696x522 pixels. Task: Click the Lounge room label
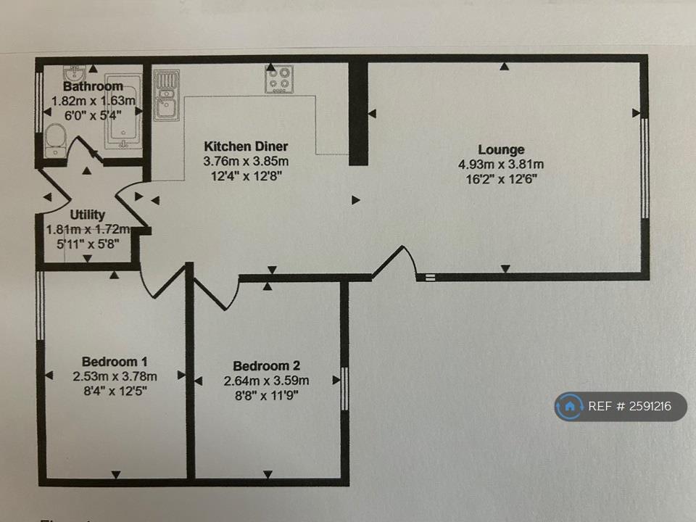[501, 150]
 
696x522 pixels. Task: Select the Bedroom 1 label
[115, 362]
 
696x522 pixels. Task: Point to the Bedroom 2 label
[266, 366]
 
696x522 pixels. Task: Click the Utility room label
[88, 215]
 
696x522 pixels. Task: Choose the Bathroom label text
[83, 87]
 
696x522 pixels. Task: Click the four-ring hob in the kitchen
[278, 79]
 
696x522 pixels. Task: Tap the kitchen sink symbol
[166, 95]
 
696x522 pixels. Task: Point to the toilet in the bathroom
[55, 139]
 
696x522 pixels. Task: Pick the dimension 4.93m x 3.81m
[501, 165]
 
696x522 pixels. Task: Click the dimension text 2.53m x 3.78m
[115, 376]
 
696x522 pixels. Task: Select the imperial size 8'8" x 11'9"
[266, 394]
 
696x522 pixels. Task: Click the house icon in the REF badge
[571, 406]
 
